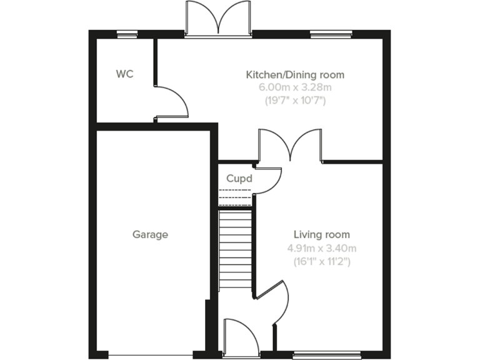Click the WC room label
124,74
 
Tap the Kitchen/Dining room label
294,75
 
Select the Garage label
150,235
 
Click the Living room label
322,235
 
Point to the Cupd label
239,178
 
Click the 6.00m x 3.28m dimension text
294,87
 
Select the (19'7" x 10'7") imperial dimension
294,100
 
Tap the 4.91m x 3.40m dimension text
322,248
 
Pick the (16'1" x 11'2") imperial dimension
322,261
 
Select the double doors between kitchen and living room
290,145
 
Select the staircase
235,250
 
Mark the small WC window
128,34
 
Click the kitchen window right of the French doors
331,34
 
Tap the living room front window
327,356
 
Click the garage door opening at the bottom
151,355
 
